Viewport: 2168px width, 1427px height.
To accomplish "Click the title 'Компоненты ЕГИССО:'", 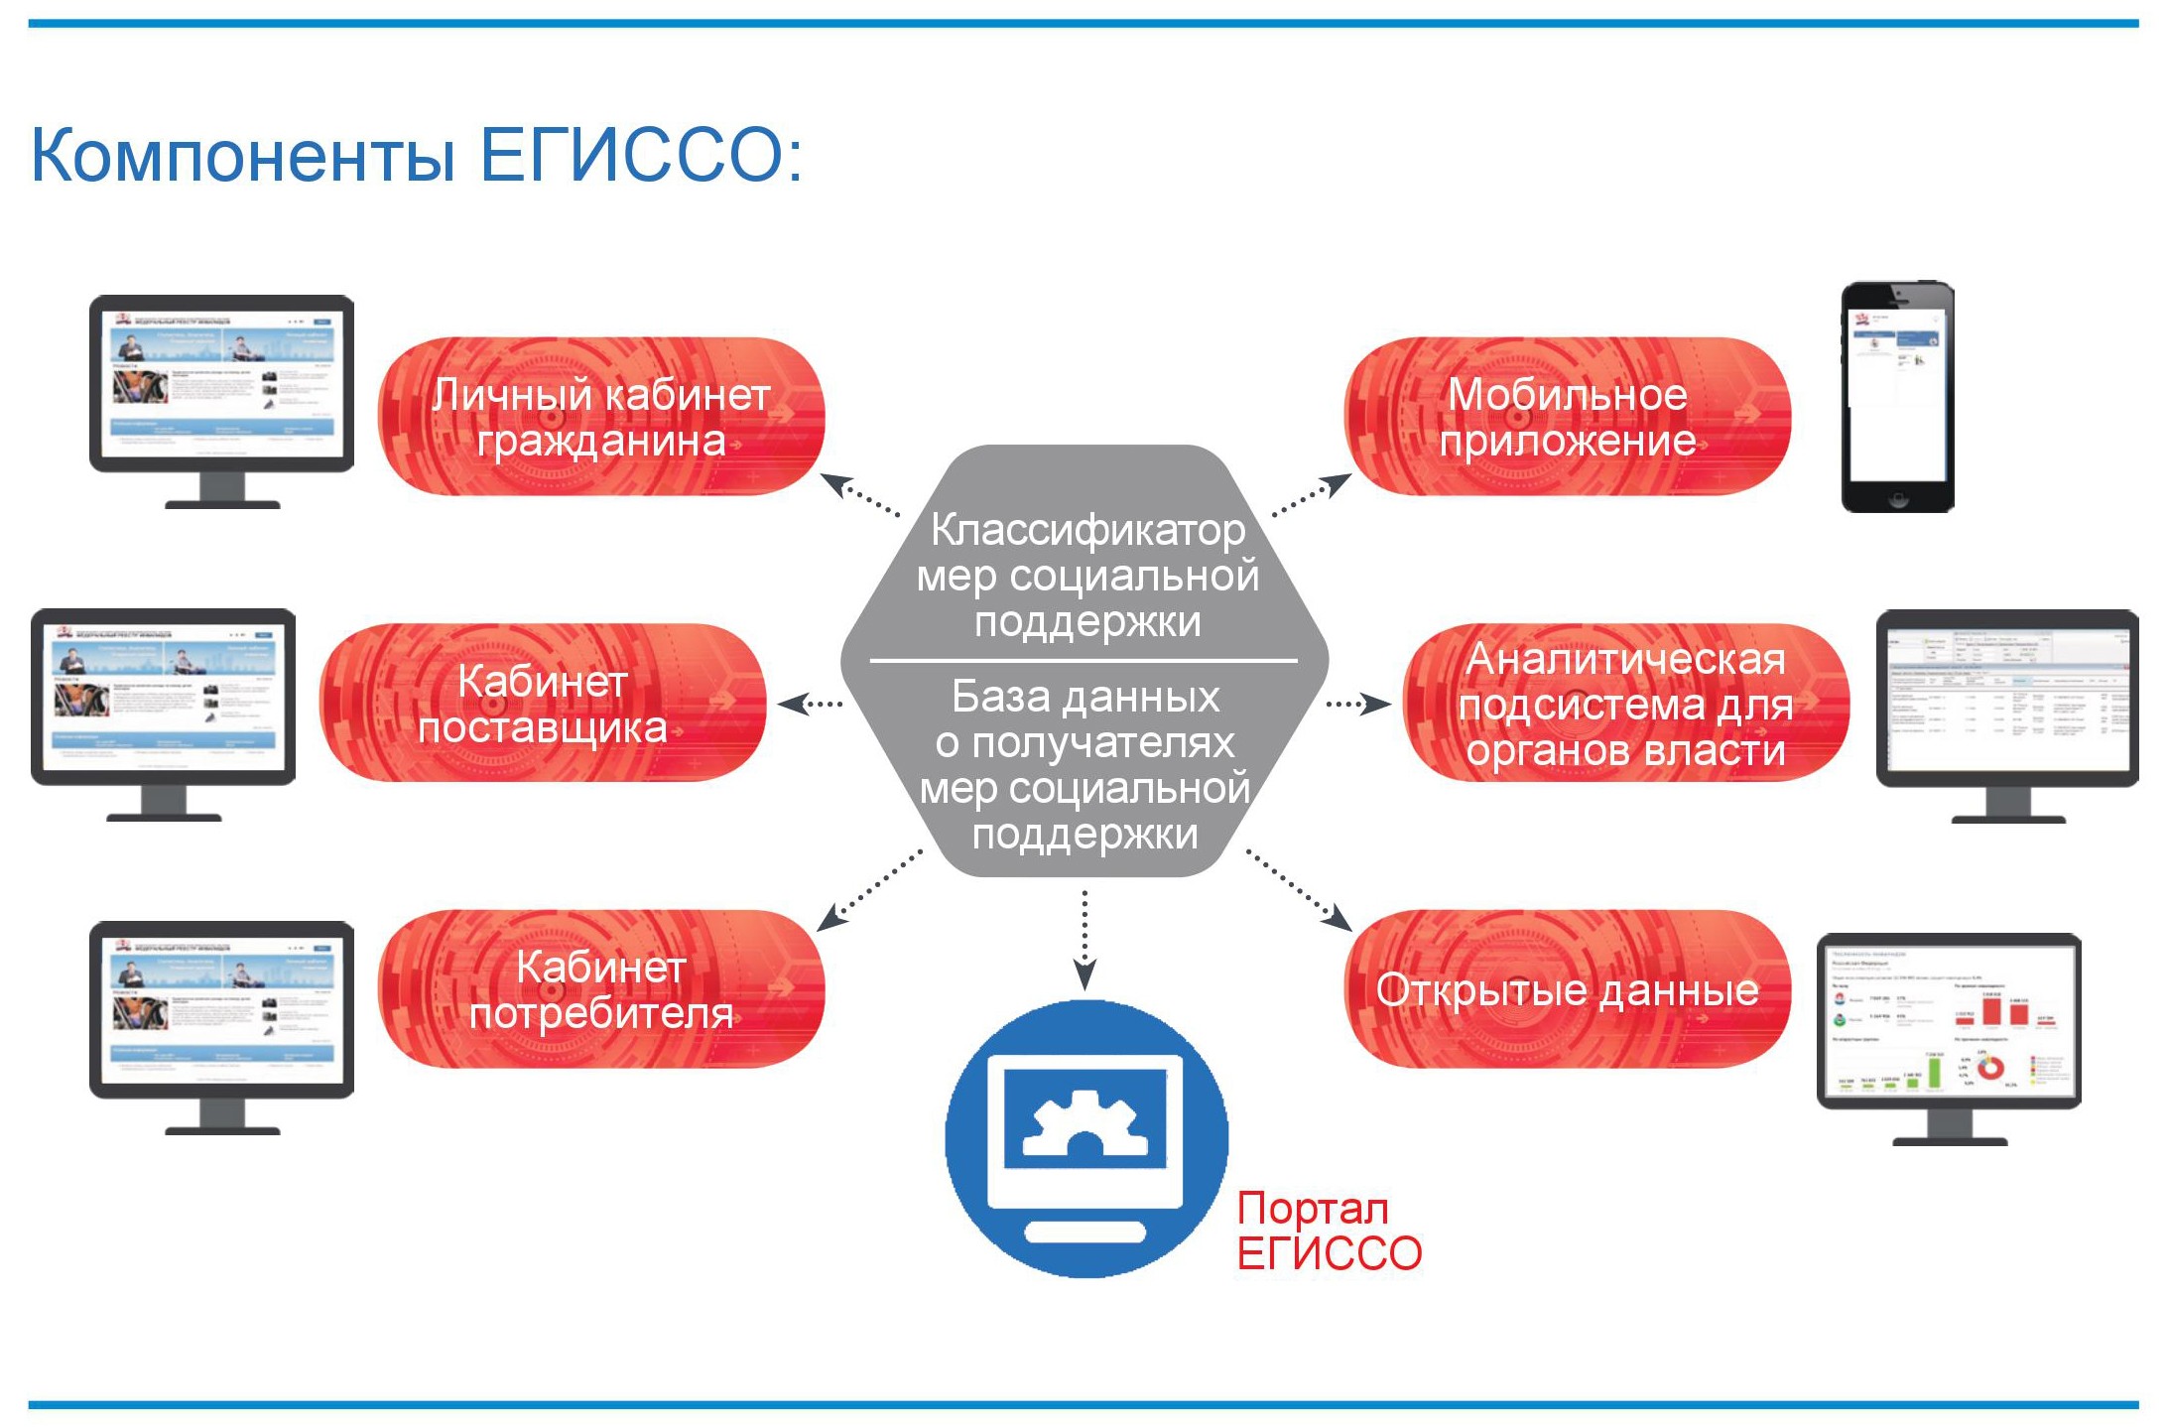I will click(x=417, y=155).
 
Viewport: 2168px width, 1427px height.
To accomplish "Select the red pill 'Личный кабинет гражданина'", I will click(x=601, y=417).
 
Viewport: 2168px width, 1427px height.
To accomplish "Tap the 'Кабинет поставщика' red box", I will click(x=543, y=703).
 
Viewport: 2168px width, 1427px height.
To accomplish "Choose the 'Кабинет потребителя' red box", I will click(x=601, y=989).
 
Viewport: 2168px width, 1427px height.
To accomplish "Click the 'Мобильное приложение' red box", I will click(x=1568, y=417).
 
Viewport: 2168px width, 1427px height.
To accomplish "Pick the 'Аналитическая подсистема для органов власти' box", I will click(x=1625, y=703).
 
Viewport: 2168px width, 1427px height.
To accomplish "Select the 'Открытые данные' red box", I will click(x=1568, y=989).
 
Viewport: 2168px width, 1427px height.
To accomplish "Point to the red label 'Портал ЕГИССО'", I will click(x=1328, y=1231).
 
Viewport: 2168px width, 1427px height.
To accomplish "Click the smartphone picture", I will click(x=1897, y=396).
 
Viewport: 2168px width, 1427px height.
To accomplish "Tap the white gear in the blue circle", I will click(x=1084, y=1122).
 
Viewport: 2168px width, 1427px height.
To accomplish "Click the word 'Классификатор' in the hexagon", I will click(x=1087, y=530).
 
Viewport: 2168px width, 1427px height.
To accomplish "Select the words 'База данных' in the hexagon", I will click(x=1085, y=697).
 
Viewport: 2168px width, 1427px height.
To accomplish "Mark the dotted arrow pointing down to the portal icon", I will click(x=1084, y=938).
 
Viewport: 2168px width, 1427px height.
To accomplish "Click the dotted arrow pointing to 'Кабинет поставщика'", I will click(x=810, y=704).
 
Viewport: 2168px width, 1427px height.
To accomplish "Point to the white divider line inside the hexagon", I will click(x=1084, y=660).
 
